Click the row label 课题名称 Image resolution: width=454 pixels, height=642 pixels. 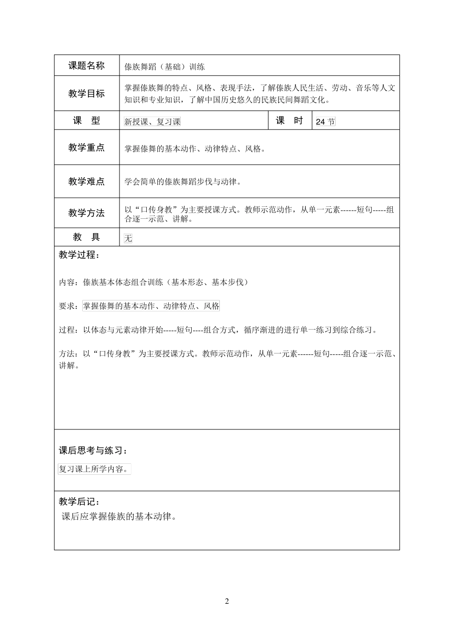pyautogui.click(x=86, y=66)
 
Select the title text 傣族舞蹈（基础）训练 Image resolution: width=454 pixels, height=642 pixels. pyautogui.click(x=164, y=67)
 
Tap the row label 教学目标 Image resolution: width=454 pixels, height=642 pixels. pyautogui.click(x=86, y=94)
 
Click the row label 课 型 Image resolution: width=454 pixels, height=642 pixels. pyautogui.click(x=86, y=121)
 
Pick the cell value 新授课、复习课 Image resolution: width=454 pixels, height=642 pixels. pyautogui.click(x=152, y=122)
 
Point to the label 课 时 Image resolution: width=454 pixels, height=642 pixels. pyautogui.click(x=289, y=121)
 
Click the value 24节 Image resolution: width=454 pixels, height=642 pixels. pyautogui.click(x=325, y=122)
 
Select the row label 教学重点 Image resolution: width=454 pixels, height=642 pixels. pyautogui.click(x=86, y=148)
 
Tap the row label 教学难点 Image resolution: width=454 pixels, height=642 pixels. pyautogui.click(x=86, y=182)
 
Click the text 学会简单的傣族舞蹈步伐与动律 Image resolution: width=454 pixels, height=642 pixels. pyautogui.click(x=183, y=182)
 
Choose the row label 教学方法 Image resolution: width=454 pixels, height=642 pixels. pyautogui.click(x=86, y=213)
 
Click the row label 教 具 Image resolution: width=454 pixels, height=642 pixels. pyautogui.click(x=86, y=237)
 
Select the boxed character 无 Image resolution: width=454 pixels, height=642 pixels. pyautogui.click(x=128, y=238)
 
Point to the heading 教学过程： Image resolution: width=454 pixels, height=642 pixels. pyautogui.click(x=80, y=255)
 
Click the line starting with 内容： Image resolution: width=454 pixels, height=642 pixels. pyautogui.click(x=154, y=282)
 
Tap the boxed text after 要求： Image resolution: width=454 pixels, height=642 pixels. pyautogui.click(x=151, y=306)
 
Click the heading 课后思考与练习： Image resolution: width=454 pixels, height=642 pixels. pyautogui.click(x=93, y=450)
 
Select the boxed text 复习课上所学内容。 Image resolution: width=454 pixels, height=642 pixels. pyautogui.click(x=94, y=469)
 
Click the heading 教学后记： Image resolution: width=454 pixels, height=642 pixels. pyautogui.click(x=80, y=502)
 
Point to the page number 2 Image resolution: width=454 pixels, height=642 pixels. pyautogui.click(x=227, y=601)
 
